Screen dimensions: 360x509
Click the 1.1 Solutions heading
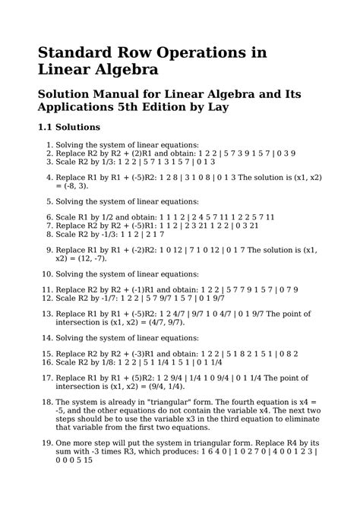click(69, 128)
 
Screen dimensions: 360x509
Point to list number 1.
click(49, 144)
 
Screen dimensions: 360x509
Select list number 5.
click(49, 202)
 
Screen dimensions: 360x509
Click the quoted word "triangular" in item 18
click(176, 400)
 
